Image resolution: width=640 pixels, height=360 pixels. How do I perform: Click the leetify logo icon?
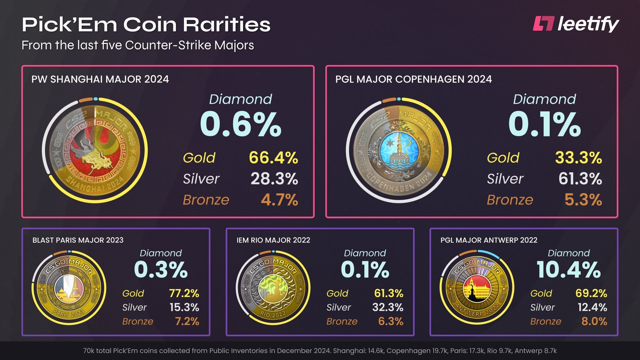click(x=543, y=24)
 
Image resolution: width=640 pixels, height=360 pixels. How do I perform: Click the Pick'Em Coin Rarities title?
click(x=146, y=25)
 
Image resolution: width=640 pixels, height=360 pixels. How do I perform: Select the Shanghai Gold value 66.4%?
click(x=273, y=158)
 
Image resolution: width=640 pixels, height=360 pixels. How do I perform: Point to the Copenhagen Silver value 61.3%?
click(x=580, y=179)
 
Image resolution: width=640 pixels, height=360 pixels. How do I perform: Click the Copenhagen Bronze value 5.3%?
click(x=583, y=200)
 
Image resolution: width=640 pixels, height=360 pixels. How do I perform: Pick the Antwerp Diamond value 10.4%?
click(x=569, y=270)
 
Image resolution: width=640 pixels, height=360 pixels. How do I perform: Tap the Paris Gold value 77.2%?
click(x=184, y=293)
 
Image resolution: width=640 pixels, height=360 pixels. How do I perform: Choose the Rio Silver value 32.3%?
click(x=388, y=307)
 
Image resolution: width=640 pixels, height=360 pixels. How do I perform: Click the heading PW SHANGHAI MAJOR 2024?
click(x=100, y=79)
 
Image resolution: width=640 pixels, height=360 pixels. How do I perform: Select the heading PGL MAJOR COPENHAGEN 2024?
click(x=413, y=79)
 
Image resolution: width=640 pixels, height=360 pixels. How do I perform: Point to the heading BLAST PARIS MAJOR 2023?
click(x=78, y=240)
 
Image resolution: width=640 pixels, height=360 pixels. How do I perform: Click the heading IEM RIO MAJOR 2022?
click(x=273, y=240)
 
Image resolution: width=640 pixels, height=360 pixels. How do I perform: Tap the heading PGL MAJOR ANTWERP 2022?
click(x=489, y=240)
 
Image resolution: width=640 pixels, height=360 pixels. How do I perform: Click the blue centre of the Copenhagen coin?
click(x=399, y=150)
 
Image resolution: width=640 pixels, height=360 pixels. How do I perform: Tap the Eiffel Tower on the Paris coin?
click(x=76, y=287)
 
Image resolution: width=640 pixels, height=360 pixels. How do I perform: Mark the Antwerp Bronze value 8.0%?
click(x=594, y=321)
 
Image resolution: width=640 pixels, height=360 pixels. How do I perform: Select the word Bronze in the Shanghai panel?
click(x=206, y=200)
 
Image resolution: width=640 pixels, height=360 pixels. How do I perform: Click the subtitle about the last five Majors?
click(x=138, y=45)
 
